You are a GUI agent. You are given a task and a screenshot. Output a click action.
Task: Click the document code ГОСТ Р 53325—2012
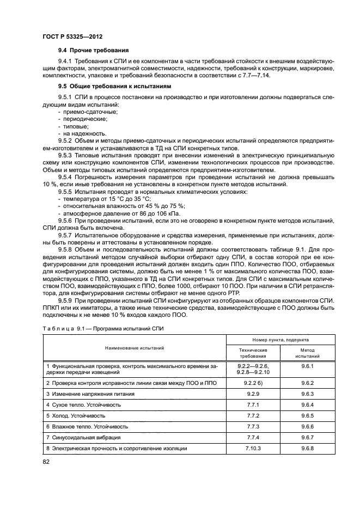click(72, 36)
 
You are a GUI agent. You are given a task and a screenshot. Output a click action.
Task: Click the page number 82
click(46, 462)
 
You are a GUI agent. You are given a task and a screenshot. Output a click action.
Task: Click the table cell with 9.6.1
click(308, 367)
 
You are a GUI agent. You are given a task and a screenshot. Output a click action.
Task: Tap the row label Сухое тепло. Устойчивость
click(83, 404)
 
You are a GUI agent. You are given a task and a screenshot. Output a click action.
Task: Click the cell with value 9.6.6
click(308, 426)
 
